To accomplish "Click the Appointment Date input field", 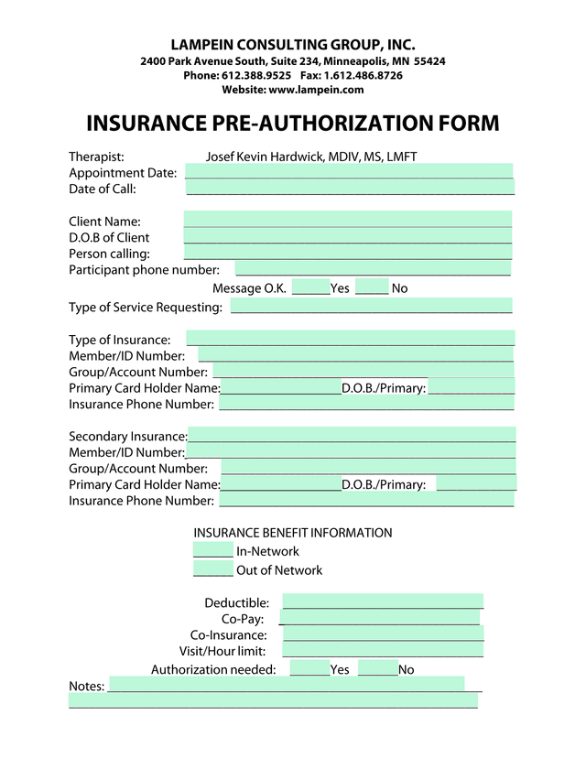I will pos(349,171).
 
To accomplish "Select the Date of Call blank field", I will pos(350,188).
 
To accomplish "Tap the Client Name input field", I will pos(348,220).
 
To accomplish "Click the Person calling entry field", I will pos(348,253).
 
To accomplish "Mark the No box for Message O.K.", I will pos(372,287).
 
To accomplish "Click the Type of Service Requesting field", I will pos(372,306).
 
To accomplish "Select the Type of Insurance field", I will pos(351,339).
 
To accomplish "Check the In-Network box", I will pos(213,550).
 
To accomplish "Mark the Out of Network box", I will pos(213,569).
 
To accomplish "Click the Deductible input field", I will pos(383,601).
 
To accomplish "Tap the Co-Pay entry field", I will pos(381,618).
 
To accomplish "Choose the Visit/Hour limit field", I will pos(383,650).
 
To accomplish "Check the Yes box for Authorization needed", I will pos(309,669).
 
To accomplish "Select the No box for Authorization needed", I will pos(378,669).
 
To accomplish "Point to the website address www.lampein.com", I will pos(316,90).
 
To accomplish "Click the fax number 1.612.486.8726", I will pos(364,75).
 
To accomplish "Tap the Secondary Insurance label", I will pos(128,436).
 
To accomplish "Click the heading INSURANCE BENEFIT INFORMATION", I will pos(293,532).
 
